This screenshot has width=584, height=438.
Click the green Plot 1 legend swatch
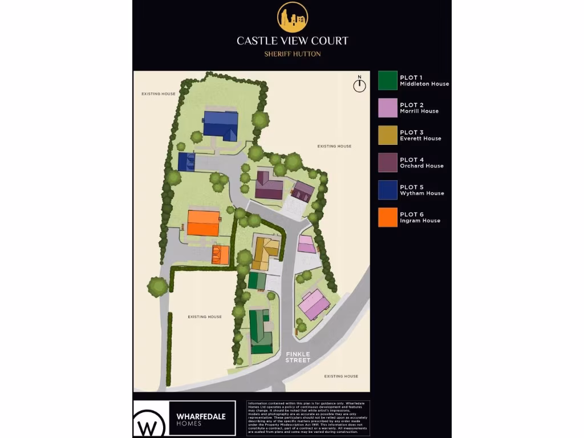[388, 80]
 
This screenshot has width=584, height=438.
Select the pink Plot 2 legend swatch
[388, 108]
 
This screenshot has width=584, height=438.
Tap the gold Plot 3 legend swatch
[388, 135]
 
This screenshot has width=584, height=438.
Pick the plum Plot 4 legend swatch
[388, 163]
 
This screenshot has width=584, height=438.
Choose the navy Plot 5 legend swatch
[388, 190]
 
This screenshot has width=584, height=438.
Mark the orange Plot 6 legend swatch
[388, 217]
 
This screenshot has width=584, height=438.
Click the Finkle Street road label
[298, 357]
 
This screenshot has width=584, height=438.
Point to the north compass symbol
[359, 84]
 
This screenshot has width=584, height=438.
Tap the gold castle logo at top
[293, 17]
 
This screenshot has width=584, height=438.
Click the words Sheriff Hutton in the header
[293, 54]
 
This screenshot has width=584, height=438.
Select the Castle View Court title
[293, 41]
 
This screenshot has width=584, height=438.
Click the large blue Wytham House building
[221, 124]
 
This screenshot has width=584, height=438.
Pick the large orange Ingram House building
[204, 223]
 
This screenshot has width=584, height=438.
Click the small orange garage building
[221, 254]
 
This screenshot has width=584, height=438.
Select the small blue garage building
[186, 162]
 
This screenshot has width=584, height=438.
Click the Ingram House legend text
[420, 221]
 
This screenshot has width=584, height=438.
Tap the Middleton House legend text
[424, 84]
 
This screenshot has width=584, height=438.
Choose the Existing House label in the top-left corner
[159, 94]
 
